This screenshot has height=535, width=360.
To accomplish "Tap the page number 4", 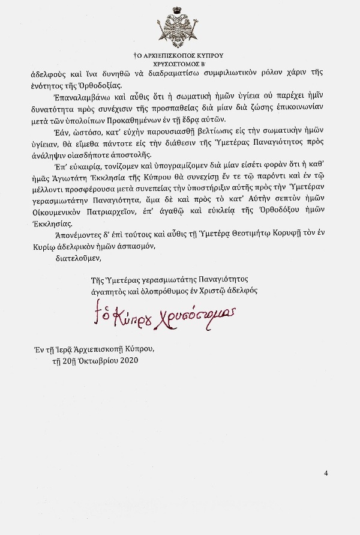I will coord(325,473).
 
